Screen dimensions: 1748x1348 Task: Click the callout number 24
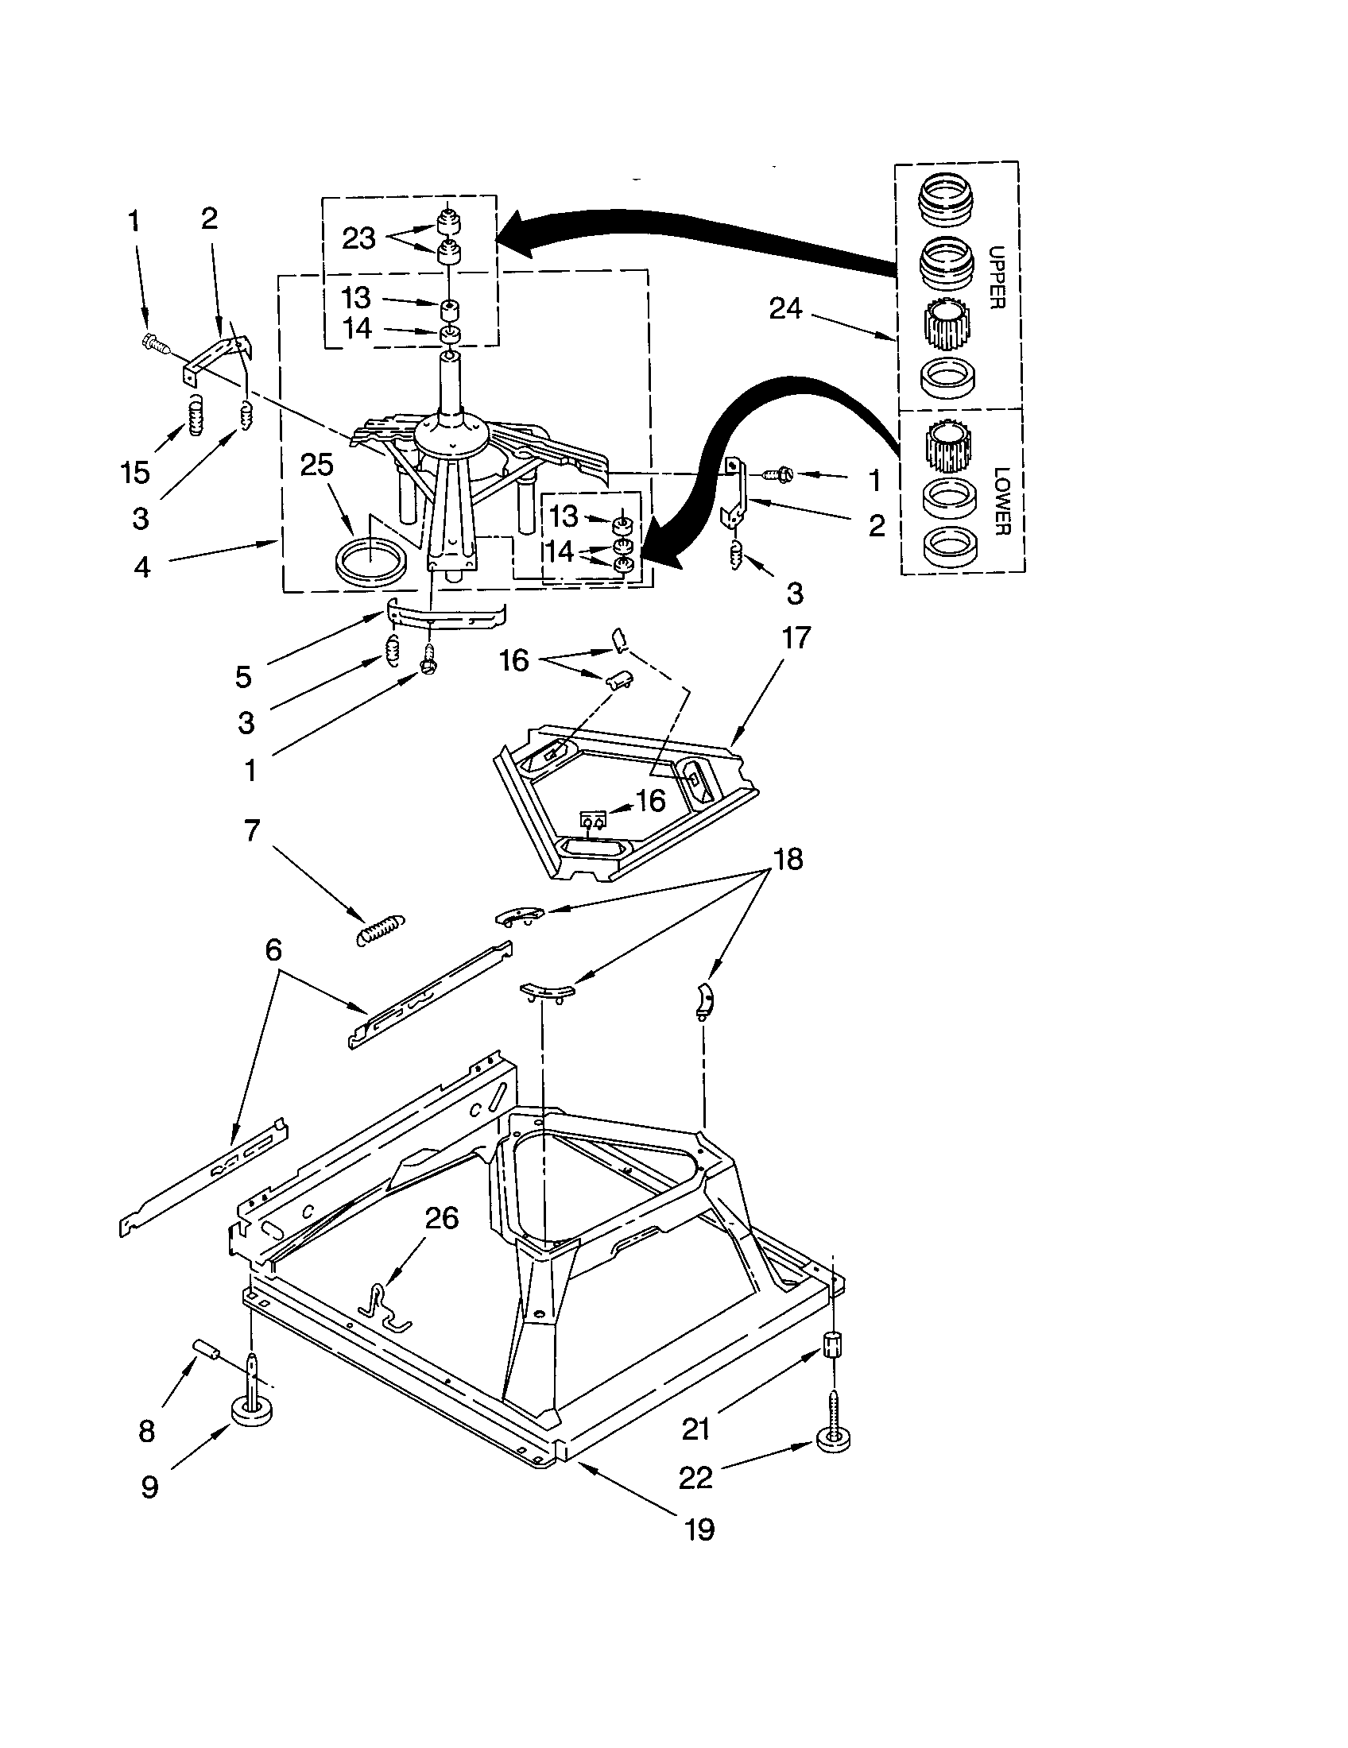click(784, 308)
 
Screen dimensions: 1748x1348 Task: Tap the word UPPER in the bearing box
click(997, 277)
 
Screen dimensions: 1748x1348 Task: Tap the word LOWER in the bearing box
click(1001, 501)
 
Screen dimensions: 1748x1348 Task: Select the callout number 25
click(316, 464)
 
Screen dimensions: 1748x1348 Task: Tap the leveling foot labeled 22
click(833, 1439)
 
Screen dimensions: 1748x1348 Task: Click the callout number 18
click(788, 859)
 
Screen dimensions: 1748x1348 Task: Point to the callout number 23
click(358, 238)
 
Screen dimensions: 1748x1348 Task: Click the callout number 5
click(243, 677)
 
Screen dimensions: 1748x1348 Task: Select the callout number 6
click(273, 950)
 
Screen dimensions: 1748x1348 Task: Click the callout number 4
click(141, 567)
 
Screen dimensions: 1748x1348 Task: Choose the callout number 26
click(440, 1218)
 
